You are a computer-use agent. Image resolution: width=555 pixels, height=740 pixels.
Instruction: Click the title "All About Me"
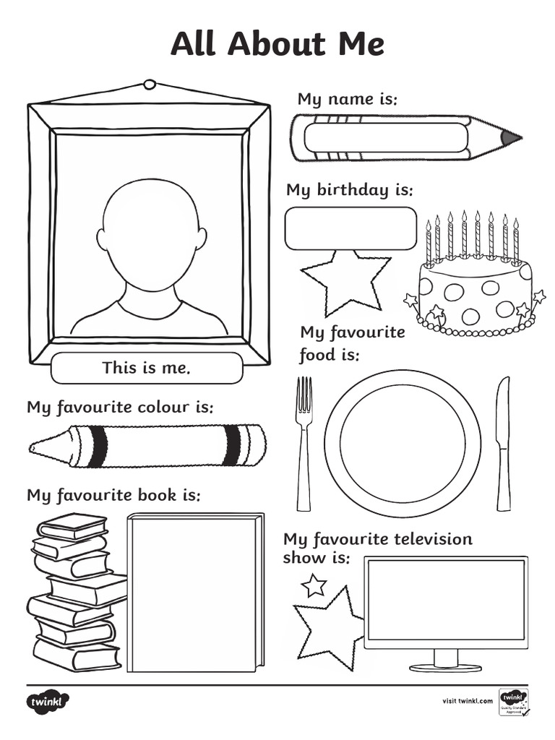point(277,44)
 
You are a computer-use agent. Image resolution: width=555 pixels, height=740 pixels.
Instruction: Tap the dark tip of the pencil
point(510,137)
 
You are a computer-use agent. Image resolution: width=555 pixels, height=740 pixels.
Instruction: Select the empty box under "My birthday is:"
point(350,228)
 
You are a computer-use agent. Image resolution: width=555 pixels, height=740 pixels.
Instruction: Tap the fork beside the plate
point(304,441)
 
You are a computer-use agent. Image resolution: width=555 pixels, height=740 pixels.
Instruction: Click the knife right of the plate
point(503,441)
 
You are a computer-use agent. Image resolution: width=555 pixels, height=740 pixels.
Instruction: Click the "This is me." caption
point(147,368)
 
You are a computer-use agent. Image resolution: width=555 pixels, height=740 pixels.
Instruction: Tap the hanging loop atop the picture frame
point(150,85)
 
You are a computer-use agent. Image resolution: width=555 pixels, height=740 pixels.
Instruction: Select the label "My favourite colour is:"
point(120,407)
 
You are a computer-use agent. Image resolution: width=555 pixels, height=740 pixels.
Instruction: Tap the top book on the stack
point(72,525)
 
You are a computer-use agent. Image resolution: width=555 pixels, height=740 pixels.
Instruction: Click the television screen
point(445,600)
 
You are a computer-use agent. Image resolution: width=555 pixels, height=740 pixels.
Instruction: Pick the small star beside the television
point(314,585)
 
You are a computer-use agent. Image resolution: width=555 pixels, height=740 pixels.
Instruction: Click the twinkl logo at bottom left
point(48,701)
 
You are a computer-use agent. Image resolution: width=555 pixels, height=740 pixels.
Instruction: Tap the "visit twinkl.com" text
point(467,700)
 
